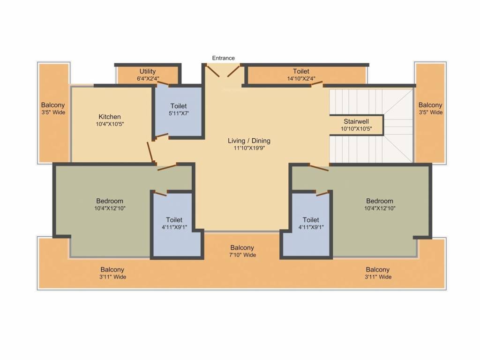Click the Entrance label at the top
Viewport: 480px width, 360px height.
223,58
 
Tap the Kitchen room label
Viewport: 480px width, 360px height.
110,117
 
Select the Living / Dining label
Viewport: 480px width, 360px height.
249,141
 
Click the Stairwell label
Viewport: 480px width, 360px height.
356,121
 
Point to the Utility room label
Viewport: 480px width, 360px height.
148,71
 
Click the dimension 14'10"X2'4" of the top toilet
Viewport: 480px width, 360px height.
301,79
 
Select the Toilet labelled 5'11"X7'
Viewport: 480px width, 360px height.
179,106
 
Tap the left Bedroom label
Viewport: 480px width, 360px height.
110,201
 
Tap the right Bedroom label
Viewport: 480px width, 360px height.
380,201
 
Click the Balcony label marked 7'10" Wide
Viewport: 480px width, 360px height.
242,248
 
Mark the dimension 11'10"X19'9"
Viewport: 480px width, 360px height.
249,148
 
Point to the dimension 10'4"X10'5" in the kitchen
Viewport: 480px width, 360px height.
110,124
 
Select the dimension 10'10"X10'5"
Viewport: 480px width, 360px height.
356,129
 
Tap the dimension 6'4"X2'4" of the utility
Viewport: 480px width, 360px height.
148,79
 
